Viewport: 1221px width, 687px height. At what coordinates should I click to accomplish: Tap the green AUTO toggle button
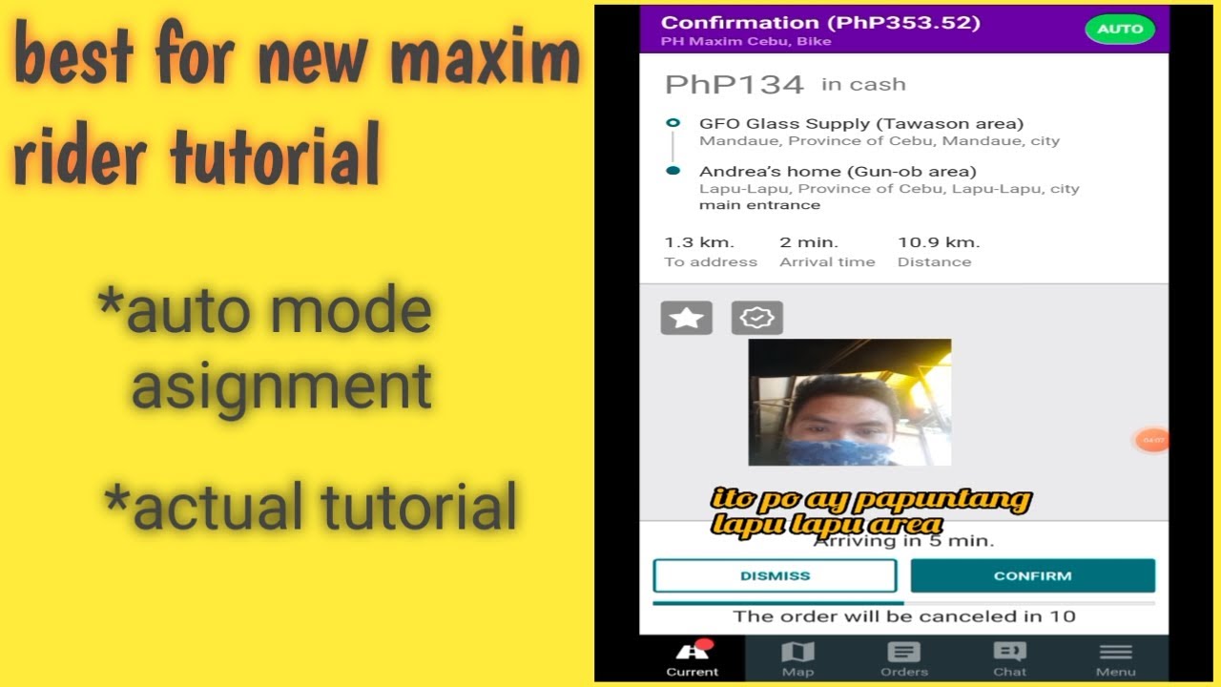coord(1120,29)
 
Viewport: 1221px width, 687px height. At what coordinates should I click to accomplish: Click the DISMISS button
coord(775,575)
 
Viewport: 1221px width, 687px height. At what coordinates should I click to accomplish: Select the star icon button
coord(686,319)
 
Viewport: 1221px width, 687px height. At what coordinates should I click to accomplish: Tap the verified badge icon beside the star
coord(757,319)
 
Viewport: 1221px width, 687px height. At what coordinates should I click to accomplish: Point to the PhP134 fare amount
coord(734,85)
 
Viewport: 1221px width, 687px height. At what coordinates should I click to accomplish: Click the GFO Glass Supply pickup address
coord(860,124)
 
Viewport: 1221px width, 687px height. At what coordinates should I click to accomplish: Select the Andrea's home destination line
coord(837,172)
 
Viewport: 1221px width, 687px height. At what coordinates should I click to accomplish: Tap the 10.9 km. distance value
coord(938,242)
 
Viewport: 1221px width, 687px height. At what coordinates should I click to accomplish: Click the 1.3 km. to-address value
coord(699,242)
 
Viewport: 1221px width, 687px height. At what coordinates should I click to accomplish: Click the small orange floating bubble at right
coord(1152,440)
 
